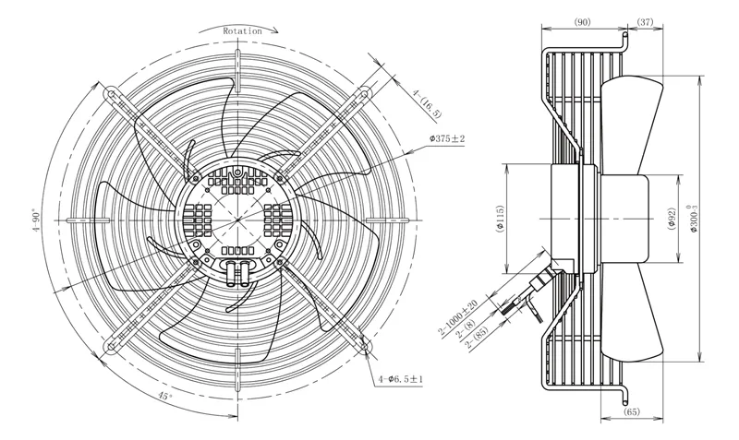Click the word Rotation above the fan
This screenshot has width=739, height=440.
(242, 31)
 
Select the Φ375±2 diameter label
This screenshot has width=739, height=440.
(447, 138)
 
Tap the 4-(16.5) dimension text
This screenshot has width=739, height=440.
(428, 103)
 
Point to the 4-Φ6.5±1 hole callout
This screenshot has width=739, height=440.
(400, 379)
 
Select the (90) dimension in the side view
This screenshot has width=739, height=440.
(583, 21)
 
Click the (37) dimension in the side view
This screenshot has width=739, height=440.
(645, 21)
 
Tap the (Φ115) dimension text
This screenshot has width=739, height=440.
(500, 219)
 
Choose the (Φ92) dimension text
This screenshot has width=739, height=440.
(672, 219)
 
